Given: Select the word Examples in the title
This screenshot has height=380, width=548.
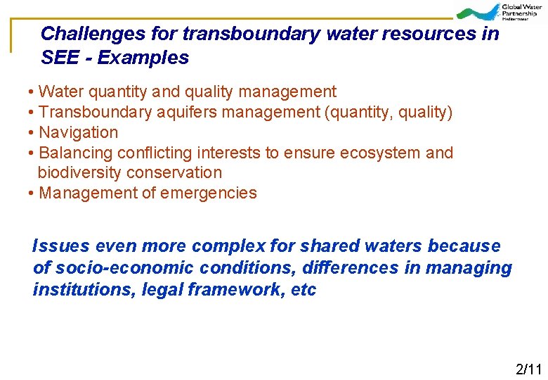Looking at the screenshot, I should pos(143,58).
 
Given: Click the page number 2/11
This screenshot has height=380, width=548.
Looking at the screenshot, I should pos(528,369).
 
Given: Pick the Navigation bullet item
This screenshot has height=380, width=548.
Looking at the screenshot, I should pos(78,132).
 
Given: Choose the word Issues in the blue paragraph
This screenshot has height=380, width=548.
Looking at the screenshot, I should pos(61,246).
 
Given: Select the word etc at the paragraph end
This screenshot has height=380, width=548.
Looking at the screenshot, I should pos(304,290).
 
